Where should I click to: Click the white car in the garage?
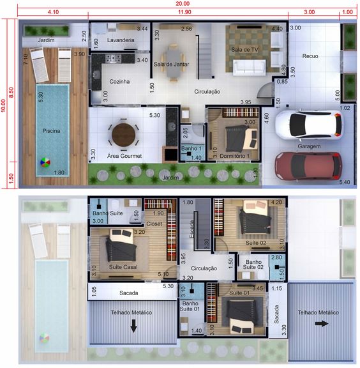pyautogui.click(x=308, y=125)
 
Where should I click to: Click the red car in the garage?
pyautogui.click(x=308, y=165)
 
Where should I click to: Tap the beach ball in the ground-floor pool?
pyautogui.click(x=45, y=162)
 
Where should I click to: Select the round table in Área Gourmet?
pyautogui.click(x=124, y=135)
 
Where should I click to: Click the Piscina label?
pyautogui.click(x=51, y=131)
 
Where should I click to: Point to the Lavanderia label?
pyautogui.click(x=121, y=40)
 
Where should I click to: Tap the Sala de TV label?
pyautogui.click(x=244, y=50)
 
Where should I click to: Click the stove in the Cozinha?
pyautogui.click(x=113, y=58)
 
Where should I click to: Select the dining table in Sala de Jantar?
pyautogui.click(x=174, y=63)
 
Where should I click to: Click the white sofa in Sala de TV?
pyautogui.click(x=250, y=67)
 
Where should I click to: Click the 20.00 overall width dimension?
pyautogui.click(x=183, y=4)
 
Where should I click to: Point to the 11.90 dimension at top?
pyautogui.click(x=184, y=12)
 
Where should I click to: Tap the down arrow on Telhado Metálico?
pyautogui.click(x=133, y=326)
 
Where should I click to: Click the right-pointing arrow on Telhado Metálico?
pyautogui.click(x=322, y=324)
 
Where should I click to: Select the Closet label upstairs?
pyautogui.click(x=154, y=224)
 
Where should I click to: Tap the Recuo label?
pyautogui.click(x=310, y=56)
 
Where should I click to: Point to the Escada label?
pyautogui.click(x=191, y=229)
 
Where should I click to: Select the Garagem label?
pyautogui.click(x=309, y=146)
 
